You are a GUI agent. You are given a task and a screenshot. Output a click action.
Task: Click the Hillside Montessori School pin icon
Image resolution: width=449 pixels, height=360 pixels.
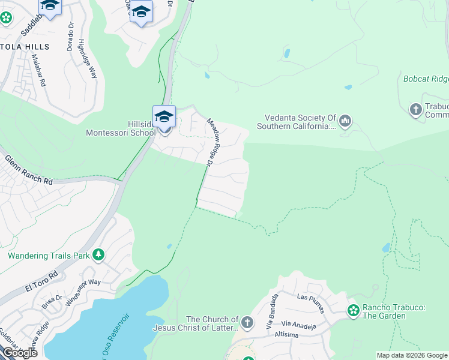click(164, 116)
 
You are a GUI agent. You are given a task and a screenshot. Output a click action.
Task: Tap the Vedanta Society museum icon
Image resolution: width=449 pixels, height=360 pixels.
click(345, 122)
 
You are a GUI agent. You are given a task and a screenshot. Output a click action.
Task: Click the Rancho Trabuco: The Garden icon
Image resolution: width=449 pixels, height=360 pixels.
click(354, 310)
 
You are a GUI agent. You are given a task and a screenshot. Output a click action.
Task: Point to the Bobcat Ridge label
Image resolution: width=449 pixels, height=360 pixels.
click(426, 79)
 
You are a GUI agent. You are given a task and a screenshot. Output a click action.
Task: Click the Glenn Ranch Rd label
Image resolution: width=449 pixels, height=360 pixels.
click(29, 170)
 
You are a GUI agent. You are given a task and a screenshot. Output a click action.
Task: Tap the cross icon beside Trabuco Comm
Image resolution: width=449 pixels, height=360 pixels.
click(415, 110)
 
